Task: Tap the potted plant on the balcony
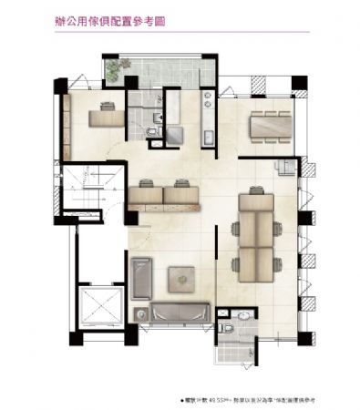click(112, 69)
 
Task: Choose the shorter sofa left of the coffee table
click(141, 276)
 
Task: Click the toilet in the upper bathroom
click(152, 131)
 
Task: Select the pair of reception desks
click(165, 195)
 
